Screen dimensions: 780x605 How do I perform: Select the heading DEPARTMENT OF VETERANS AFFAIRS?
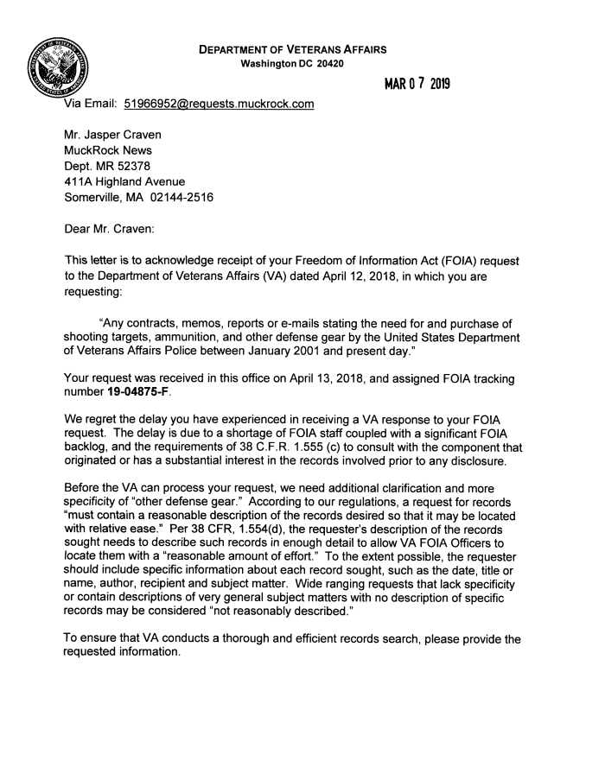pyautogui.click(x=292, y=49)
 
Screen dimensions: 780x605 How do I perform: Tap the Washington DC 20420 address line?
pyautogui.click(x=292, y=64)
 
